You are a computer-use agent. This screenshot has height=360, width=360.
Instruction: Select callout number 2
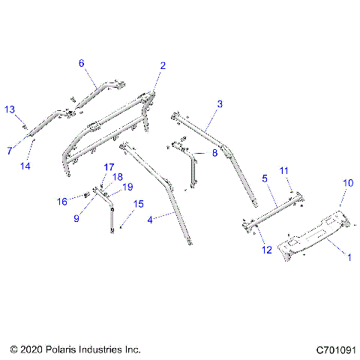[163, 66]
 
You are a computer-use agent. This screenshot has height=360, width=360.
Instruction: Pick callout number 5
[264, 179]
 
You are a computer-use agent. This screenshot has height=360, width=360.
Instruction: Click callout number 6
[82, 63]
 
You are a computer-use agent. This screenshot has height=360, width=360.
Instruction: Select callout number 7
[10, 151]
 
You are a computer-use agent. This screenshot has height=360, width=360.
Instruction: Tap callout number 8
[214, 153]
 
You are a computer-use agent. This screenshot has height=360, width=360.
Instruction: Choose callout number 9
[76, 218]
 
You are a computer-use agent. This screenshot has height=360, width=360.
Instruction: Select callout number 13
[10, 109]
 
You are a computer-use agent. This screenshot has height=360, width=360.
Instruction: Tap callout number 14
[25, 166]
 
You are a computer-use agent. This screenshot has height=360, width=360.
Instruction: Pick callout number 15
[139, 203]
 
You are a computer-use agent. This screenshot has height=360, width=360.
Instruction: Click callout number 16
[64, 201]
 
